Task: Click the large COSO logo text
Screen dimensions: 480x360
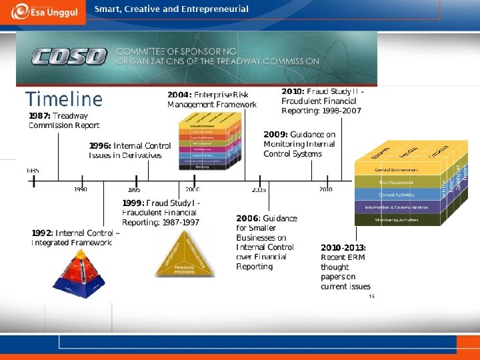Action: coord(64,57)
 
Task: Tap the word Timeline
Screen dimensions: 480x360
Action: coord(64,100)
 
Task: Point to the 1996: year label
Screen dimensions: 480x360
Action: coord(101,146)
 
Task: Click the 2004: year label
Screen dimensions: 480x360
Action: coord(179,95)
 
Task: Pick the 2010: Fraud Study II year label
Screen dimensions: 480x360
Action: coord(293,91)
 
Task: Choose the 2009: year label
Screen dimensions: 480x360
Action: coord(275,135)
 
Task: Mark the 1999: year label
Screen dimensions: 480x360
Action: coord(133,203)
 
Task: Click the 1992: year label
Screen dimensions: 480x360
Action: coord(43,233)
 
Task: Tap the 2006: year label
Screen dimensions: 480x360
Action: coord(249,219)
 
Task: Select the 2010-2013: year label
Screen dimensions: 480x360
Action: coord(343,248)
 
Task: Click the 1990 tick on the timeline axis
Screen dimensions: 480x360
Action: coord(81,189)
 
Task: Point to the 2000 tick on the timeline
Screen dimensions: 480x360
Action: coord(192,189)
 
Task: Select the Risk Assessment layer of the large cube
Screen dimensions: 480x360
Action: coord(396,182)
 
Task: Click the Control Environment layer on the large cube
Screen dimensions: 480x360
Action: coord(396,170)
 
